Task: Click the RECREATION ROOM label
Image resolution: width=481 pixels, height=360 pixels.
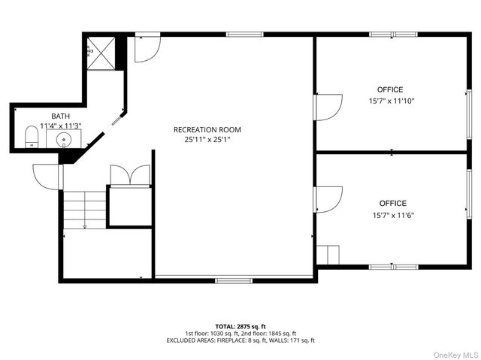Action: [x=207, y=129]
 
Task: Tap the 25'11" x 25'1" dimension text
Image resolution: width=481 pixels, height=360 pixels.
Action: [x=207, y=139]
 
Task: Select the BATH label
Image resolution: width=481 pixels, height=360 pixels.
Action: [x=60, y=116]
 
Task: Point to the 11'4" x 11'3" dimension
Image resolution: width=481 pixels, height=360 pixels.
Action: [x=60, y=126]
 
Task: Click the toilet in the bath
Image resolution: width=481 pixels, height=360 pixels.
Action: [x=32, y=137]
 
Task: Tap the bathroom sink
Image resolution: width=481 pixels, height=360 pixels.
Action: [x=64, y=139]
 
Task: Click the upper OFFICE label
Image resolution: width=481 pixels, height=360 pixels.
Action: [x=390, y=89]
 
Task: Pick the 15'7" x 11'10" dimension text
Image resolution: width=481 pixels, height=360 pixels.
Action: [x=392, y=100]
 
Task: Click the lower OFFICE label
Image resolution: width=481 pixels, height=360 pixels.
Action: [x=392, y=203]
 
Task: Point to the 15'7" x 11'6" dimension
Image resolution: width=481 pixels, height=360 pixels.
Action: [x=392, y=214]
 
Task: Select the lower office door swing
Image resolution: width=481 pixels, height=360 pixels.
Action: [x=328, y=198]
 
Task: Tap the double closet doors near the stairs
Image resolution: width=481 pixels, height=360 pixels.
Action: [x=131, y=174]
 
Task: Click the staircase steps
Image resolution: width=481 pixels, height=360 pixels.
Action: [x=83, y=209]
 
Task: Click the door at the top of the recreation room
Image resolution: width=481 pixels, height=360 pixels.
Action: [x=146, y=47]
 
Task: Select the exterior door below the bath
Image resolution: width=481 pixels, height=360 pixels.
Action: [x=47, y=177]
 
